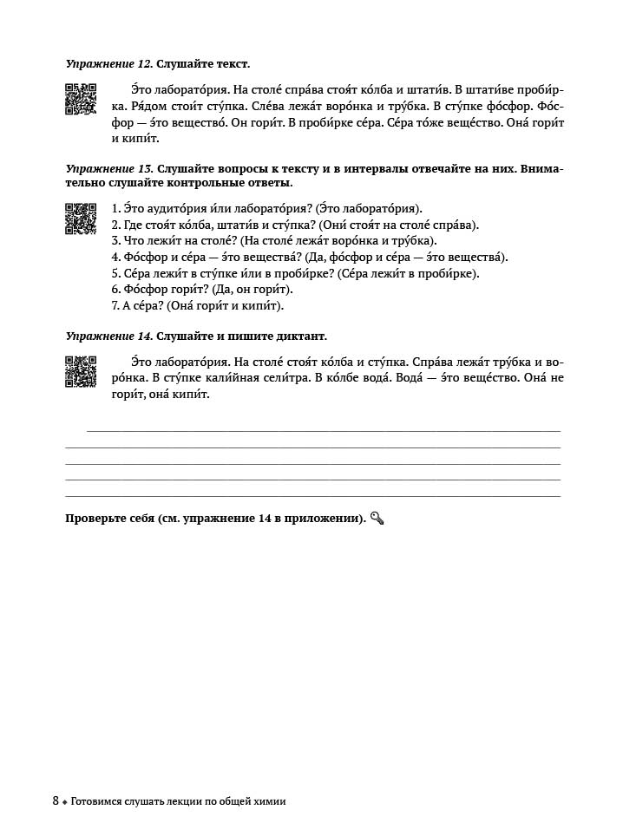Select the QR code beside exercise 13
click(x=81, y=218)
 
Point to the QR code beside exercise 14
click(x=81, y=371)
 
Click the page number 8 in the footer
click(x=56, y=801)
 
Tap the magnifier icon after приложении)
click(x=377, y=519)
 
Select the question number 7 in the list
click(x=115, y=305)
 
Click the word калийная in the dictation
click(x=226, y=377)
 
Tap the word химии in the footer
click(x=267, y=801)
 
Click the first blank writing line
click(x=323, y=430)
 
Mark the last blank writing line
click(x=312, y=496)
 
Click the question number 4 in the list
click(x=115, y=257)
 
